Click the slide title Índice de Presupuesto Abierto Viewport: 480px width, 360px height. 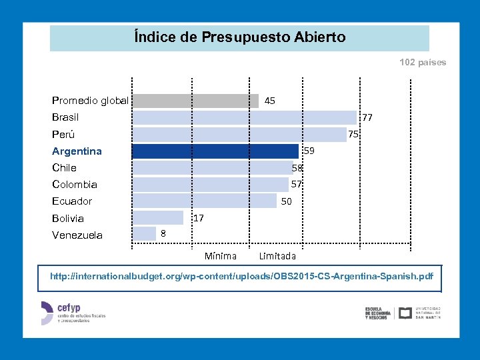[x=239, y=37]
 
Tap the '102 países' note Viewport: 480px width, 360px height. [x=423, y=63]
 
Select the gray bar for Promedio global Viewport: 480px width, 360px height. [x=195, y=101]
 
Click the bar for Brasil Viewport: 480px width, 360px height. [x=244, y=118]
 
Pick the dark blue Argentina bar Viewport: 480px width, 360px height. [x=215, y=151]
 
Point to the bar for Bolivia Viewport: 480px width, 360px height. [x=158, y=218]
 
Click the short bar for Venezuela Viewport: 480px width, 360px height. [x=144, y=234]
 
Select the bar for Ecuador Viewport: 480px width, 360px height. [x=205, y=201]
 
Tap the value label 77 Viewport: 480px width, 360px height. [x=367, y=118]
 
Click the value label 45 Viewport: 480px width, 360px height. [x=269, y=101]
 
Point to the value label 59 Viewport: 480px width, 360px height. [x=309, y=151]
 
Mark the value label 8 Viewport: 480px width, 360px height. [x=163, y=233]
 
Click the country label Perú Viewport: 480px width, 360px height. [x=63, y=135]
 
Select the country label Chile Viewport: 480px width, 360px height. [x=64, y=168]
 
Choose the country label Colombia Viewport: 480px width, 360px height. [x=75, y=185]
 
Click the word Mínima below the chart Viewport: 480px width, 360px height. [x=220, y=256]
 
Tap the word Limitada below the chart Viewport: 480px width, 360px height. [x=277, y=256]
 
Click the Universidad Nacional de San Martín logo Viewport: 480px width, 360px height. [x=419, y=313]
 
